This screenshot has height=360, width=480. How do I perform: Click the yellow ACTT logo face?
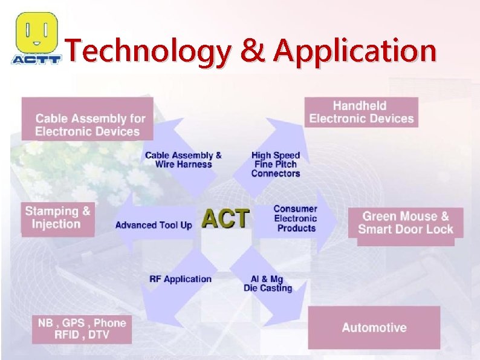click(37, 32)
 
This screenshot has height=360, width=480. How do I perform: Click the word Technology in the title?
click(147, 51)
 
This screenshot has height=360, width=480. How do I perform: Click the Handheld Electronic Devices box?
click(361, 112)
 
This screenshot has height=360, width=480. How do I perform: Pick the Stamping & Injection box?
click(57, 218)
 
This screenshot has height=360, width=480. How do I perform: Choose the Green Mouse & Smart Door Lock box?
click(406, 223)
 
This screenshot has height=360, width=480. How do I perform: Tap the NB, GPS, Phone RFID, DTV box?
click(82, 329)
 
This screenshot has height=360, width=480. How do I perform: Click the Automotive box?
click(374, 327)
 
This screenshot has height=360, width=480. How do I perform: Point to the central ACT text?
click(225, 218)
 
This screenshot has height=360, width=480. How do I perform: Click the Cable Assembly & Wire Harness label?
click(183, 160)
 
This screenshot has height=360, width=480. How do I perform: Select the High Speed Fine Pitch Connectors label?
click(276, 164)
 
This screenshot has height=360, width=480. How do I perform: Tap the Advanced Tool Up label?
click(154, 225)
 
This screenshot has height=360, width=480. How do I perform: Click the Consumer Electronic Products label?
click(296, 218)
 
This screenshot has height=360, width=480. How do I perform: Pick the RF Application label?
click(180, 279)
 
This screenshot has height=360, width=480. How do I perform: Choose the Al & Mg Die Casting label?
click(268, 283)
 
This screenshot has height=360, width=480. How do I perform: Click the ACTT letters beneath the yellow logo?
click(36, 59)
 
